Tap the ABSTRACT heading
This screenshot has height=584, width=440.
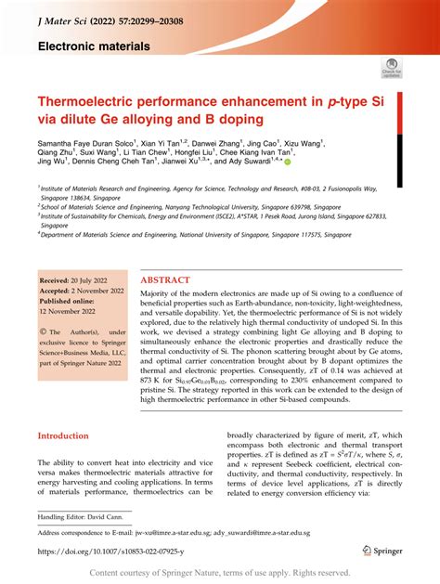point(166,279)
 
